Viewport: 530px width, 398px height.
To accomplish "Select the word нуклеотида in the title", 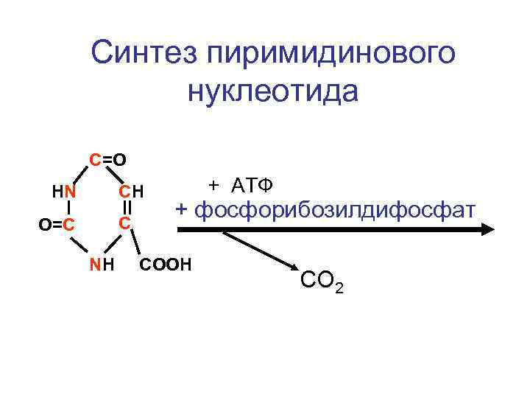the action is (272, 91).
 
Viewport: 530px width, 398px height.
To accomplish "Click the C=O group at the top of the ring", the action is (107, 158).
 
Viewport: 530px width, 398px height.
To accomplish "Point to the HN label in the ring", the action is (65, 192).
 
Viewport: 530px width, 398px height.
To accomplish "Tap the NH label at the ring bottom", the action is (102, 264).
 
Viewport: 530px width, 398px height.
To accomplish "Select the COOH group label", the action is (164, 263).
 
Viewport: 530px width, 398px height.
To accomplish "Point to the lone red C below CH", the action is (126, 223).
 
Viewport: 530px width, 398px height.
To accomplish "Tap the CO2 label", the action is (321, 281).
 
